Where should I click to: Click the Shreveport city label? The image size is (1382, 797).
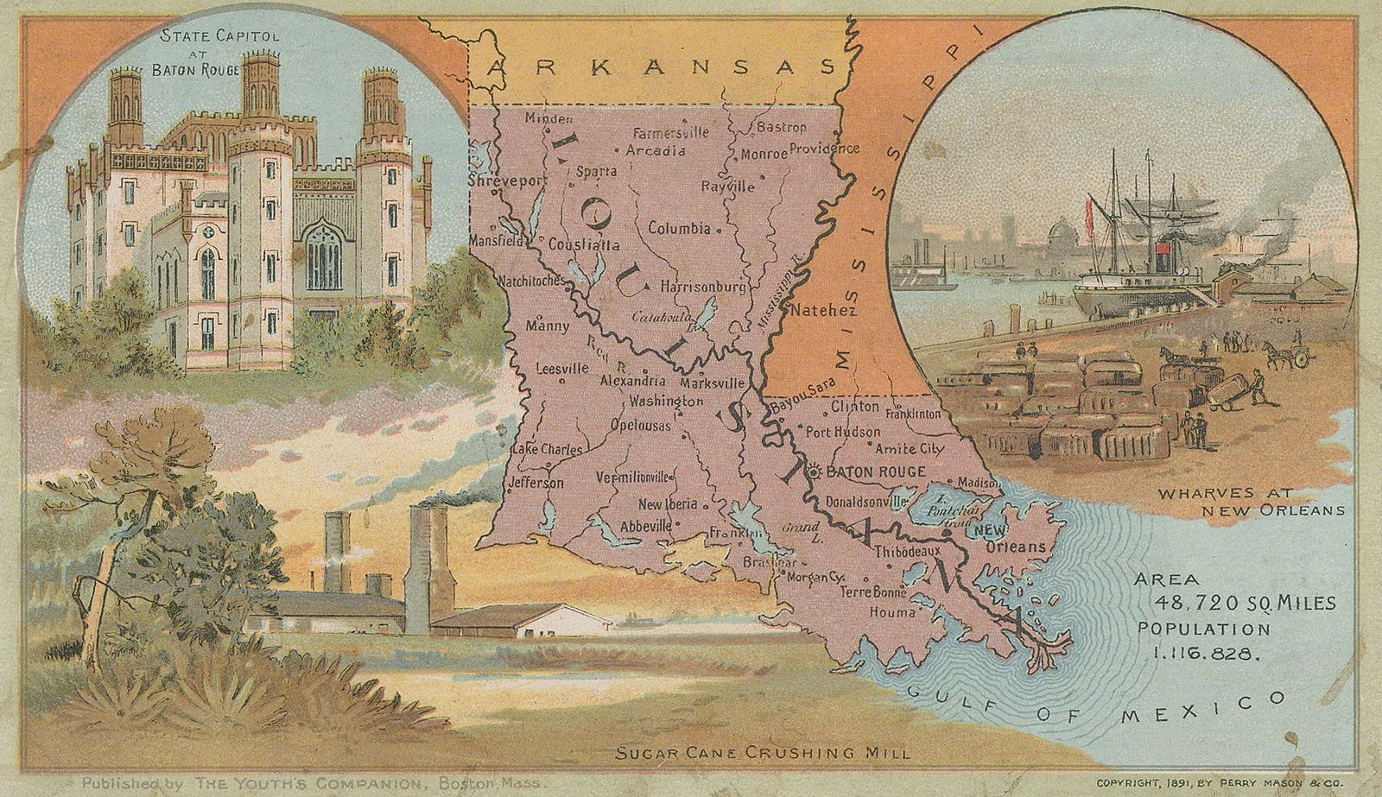[496, 182]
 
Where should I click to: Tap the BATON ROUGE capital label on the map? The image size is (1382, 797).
[876, 472]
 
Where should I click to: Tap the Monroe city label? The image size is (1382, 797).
[764, 155]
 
